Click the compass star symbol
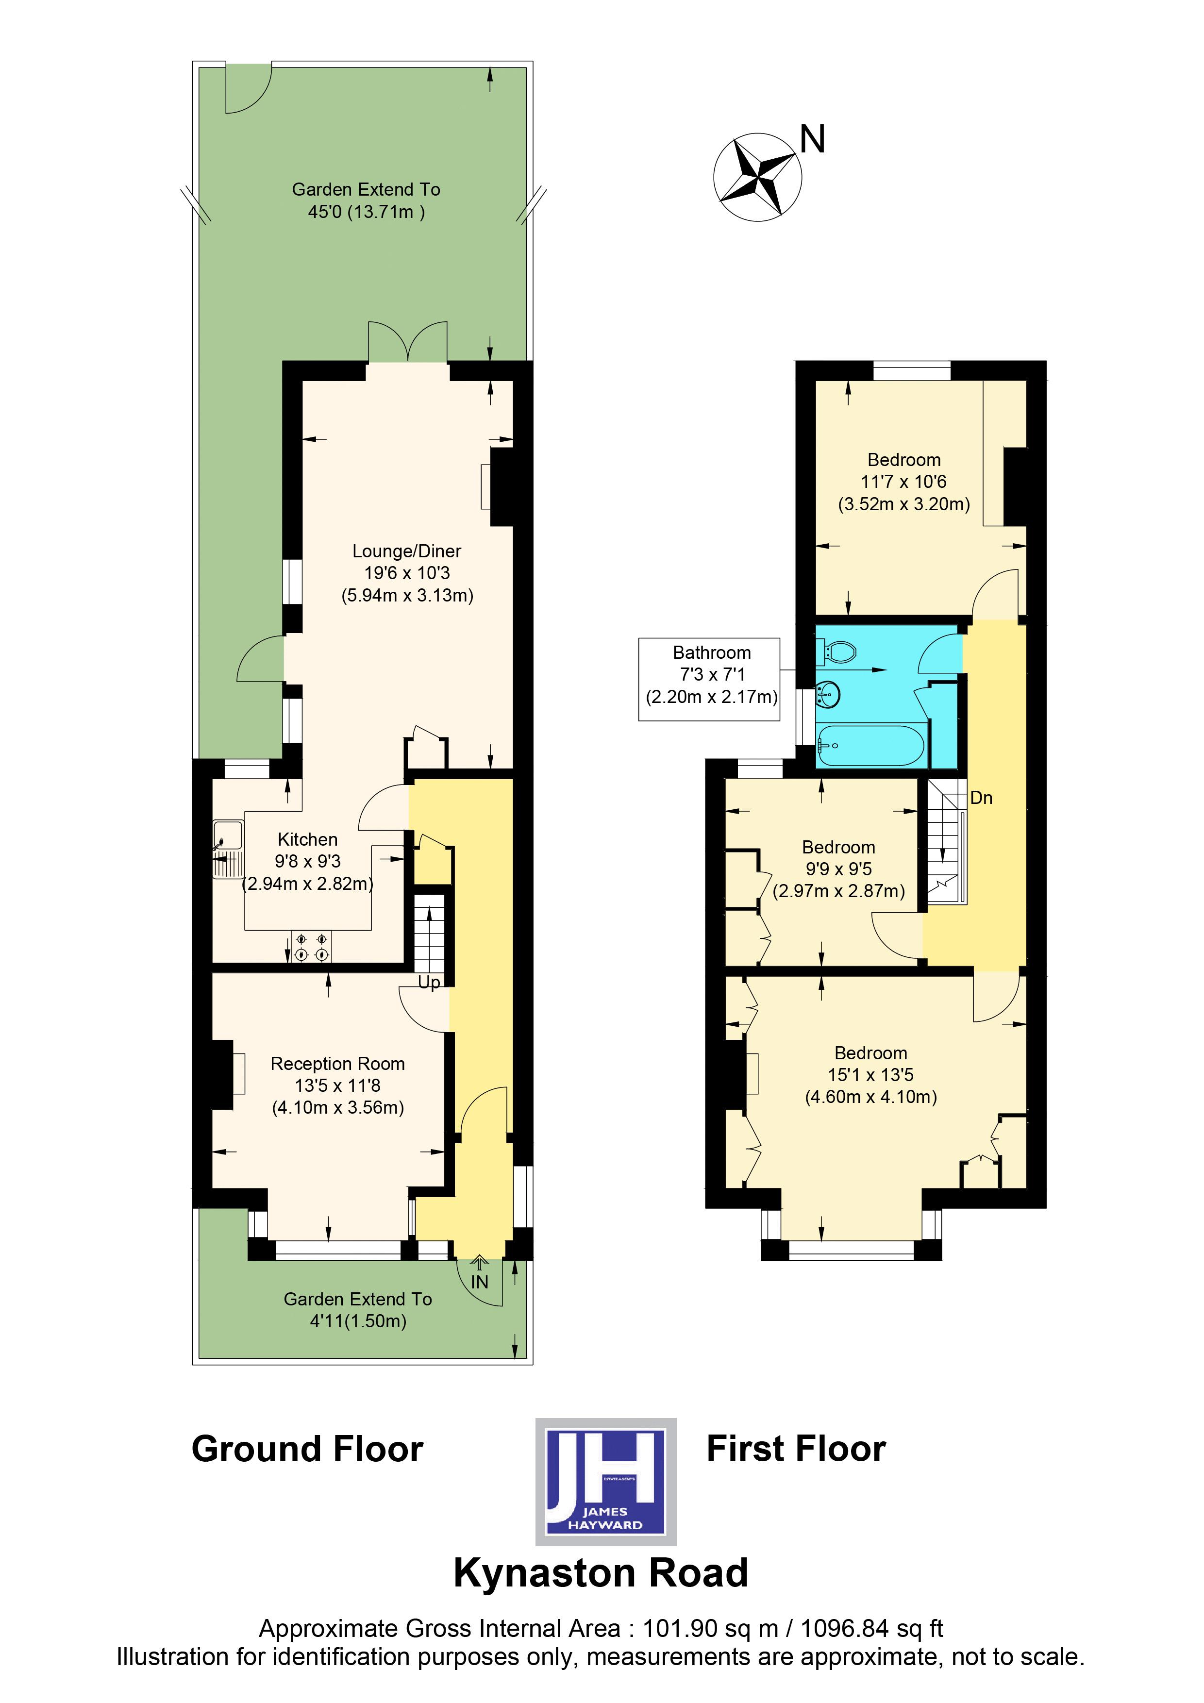tap(757, 177)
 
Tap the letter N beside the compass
tap(812, 139)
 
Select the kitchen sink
tap(228, 849)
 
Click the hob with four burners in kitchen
tap(312, 947)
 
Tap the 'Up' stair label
tap(429, 983)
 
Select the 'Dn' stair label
tap(981, 798)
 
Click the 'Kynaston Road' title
tap(601, 1573)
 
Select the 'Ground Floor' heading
tap(307, 1449)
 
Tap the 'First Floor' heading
tap(796, 1449)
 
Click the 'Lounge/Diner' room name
tap(406, 551)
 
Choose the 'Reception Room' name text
tap(337, 1064)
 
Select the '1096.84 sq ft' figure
tap(871, 1628)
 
